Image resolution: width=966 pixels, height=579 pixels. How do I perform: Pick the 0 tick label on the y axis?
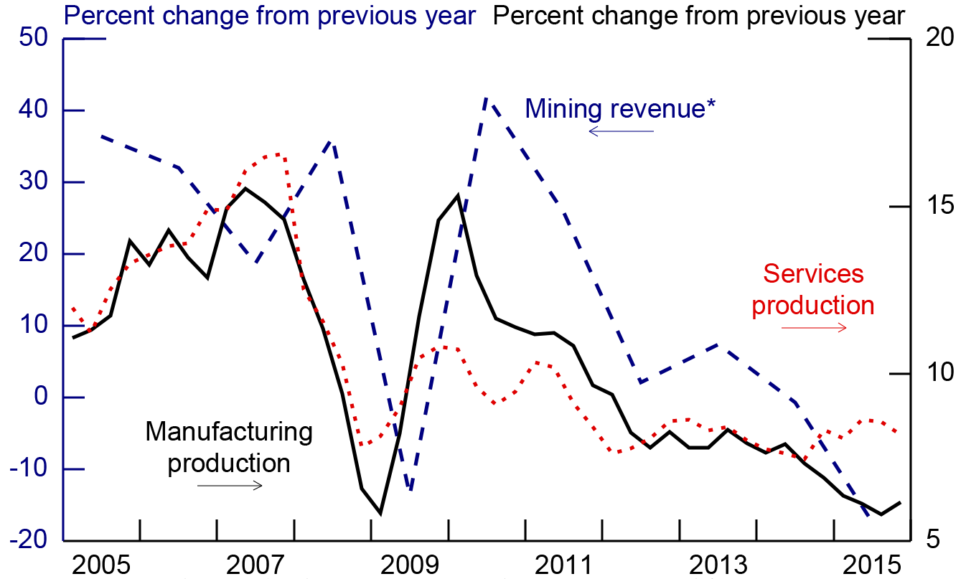click(39, 397)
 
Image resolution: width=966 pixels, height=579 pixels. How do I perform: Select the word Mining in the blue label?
click(563, 109)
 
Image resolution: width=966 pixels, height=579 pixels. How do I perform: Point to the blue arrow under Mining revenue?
click(621, 131)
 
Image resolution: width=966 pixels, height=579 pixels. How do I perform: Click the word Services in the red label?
click(813, 273)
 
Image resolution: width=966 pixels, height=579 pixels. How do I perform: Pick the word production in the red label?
click(813, 306)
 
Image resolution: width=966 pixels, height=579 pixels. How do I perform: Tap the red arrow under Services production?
click(814, 328)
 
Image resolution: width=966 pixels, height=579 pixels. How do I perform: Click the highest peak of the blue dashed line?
click(487, 100)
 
